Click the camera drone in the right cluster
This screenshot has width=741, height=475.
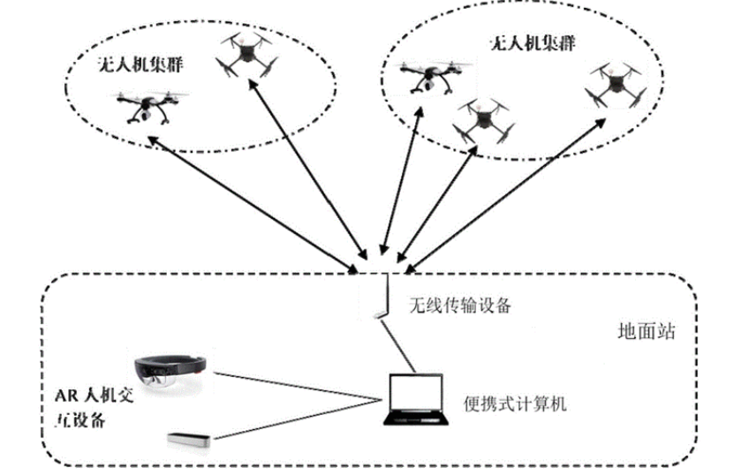[x=430, y=79]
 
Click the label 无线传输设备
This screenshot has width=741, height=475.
[x=458, y=306]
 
